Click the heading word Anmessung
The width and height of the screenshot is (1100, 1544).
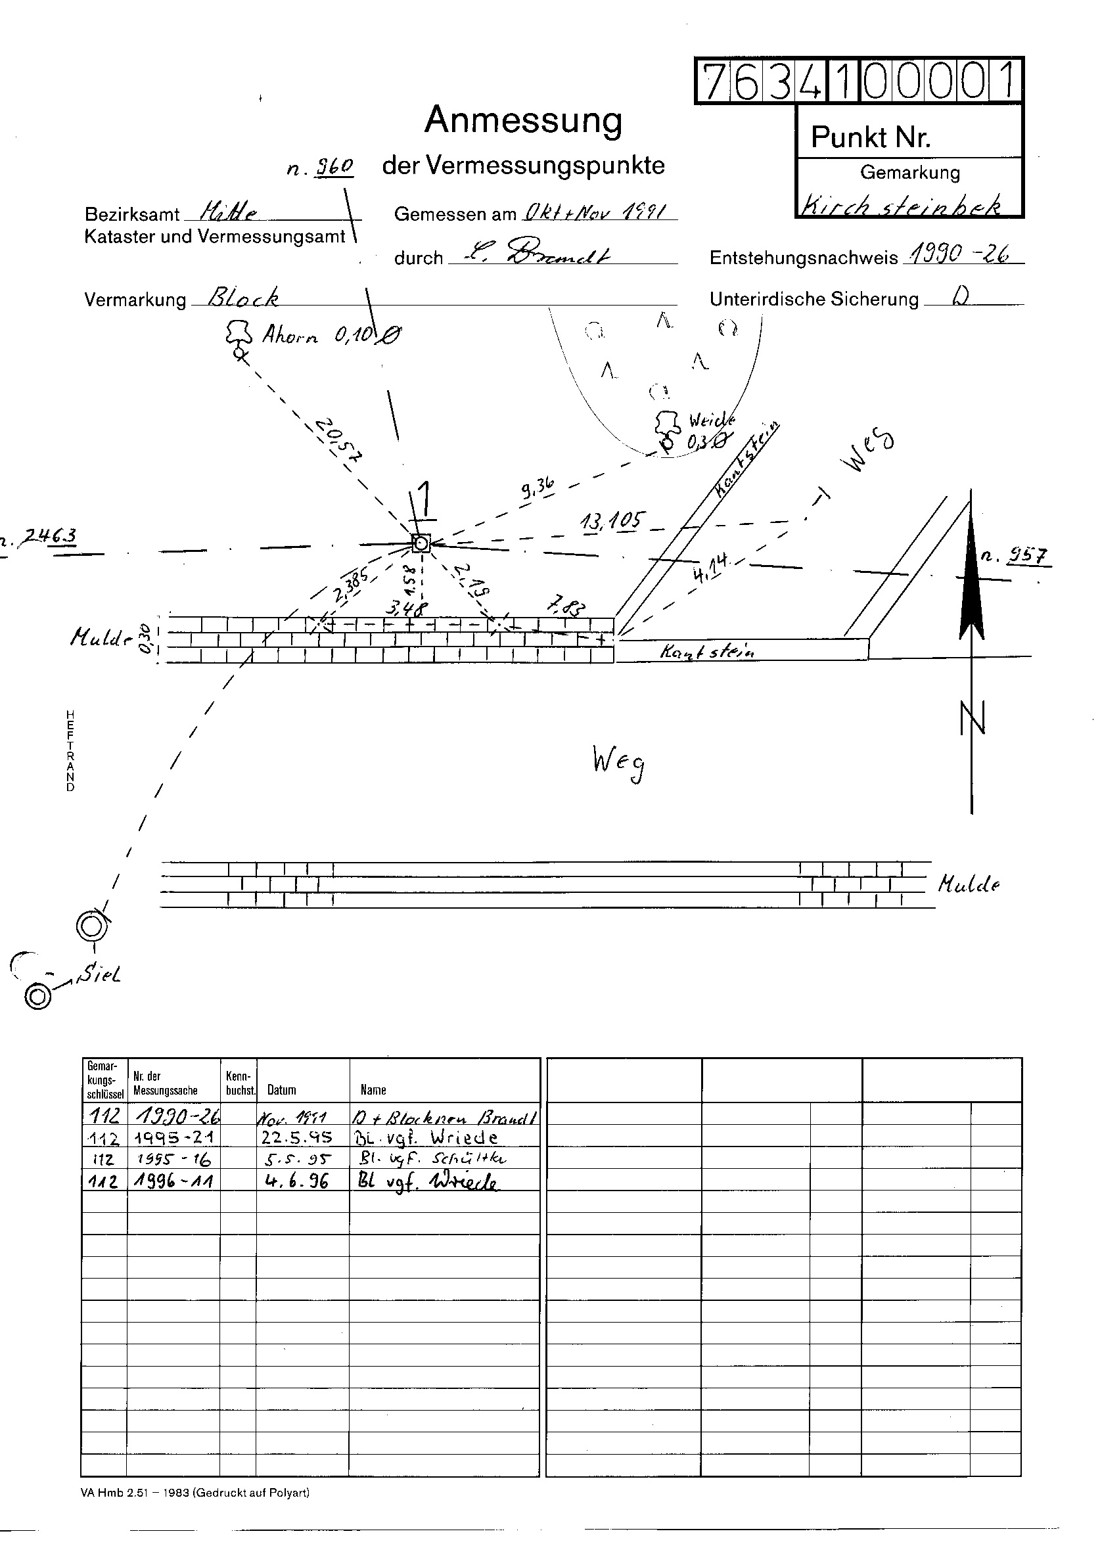pyautogui.click(x=523, y=121)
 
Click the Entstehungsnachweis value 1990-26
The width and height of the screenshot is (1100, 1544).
pyautogui.click(x=961, y=255)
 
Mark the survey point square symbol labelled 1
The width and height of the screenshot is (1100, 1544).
pyautogui.click(x=421, y=543)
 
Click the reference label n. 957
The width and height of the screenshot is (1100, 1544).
pyautogui.click(x=1016, y=556)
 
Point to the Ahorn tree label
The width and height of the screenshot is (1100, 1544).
pyautogui.click(x=289, y=335)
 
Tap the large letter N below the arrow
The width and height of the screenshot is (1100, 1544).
pyautogui.click(x=972, y=719)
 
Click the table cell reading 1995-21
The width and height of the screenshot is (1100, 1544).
pyautogui.click(x=173, y=1137)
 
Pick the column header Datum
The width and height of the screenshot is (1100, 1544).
pyautogui.click(x=282, y=1089)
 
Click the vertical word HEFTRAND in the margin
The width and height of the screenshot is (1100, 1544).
pyautogui.click(x=70, y=751)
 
